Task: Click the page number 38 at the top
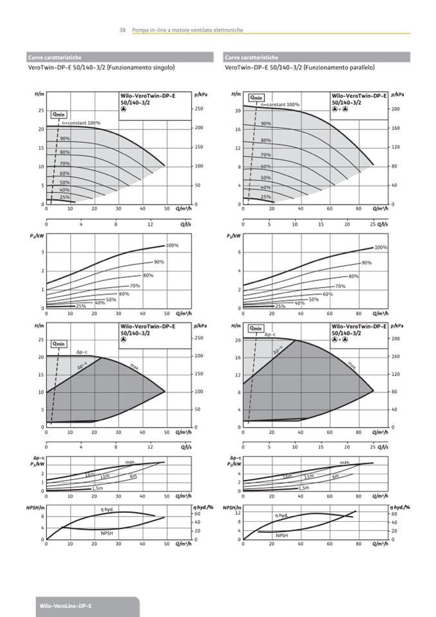[x=122, y=30]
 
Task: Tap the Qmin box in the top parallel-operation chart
[x=256, y=98]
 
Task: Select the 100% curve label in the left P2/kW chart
[x=172, y=246]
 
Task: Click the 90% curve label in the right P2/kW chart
[x=366, y=262]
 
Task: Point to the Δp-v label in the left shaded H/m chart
[x=82, y=367]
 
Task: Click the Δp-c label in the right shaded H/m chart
[x=270, y=335]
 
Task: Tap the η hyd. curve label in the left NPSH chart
[x=107, y=510]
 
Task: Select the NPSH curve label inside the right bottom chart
[x=282, y=535]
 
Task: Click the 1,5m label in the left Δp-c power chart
[x=97, y=488]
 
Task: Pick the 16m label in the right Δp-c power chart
[x=287, y=476]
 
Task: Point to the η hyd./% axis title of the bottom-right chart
[x=400, y=508]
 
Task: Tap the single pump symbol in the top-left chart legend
[x=123, y=108]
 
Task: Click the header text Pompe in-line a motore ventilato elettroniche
[x=186, y=30]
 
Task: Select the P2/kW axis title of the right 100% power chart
[x=233, y=235]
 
